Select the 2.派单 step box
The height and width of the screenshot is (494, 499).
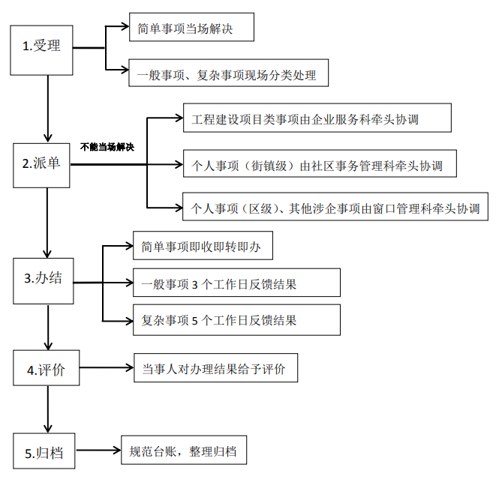click(x=41, y=164)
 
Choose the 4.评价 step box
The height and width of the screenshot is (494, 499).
click(x=46, y=368)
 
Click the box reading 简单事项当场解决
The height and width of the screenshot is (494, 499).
click(x=191, y=28)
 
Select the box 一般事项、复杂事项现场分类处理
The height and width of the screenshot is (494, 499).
click(x=228, y=73)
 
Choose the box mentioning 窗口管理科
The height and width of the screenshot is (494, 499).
click(x=335, y=207)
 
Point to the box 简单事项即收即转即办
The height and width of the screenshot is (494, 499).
click(x=202, y=244)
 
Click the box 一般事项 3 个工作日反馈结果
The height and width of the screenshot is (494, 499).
click(x=236, y=283)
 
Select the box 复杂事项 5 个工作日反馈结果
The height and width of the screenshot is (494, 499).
click(x=236, y=319)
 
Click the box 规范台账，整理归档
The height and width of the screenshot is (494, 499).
click(x=183, y=451)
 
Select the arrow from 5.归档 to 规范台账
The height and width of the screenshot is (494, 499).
click(x=98, y=451)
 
